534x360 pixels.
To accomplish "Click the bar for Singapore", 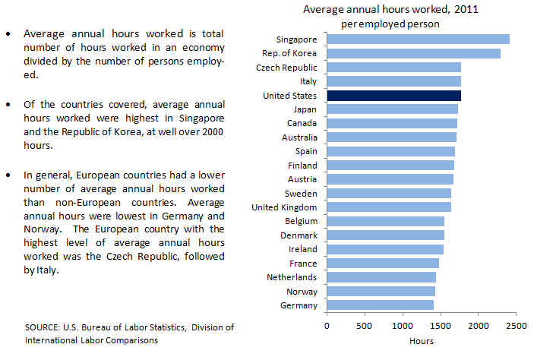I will click(418, 39).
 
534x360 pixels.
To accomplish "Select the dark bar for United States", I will click(393, 95).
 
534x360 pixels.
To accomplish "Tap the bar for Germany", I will click(380, 305).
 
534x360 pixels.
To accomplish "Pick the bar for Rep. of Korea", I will click(413, 53).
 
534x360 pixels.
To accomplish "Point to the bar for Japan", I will click(392, 109).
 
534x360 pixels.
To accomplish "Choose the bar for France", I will click(383, 263).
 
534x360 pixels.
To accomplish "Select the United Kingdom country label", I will click(284, 207).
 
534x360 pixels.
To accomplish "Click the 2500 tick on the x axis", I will click(515, 326).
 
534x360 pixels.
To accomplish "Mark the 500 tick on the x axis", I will click(365, 326).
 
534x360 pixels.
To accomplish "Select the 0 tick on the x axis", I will click(327, 326).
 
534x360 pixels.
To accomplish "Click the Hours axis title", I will click(422, 341).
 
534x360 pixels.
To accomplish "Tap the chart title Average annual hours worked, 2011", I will click(390, 10).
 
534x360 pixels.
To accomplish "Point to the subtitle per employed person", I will click(390, 24).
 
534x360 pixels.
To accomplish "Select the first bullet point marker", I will click(8, 34).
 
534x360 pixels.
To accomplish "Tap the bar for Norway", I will click(381, 291).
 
